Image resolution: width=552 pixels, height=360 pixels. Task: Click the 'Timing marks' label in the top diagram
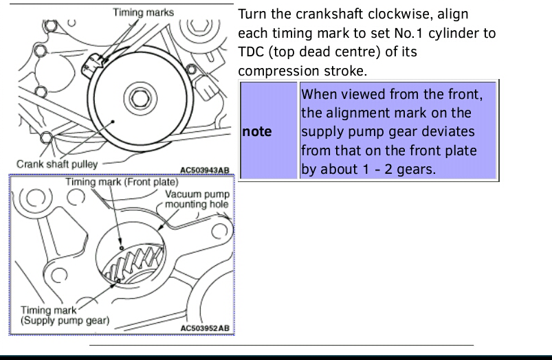[143, 12]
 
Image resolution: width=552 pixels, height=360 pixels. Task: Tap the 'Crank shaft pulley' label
[57, 164]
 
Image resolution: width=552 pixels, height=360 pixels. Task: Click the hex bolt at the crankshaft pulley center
[140, 98]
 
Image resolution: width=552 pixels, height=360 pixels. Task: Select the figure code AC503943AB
[205, 170]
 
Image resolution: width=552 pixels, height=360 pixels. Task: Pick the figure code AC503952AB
[205, 328]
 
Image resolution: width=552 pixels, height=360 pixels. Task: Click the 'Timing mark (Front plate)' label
[122, 182]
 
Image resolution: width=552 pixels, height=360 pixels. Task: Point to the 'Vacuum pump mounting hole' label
[197, 199]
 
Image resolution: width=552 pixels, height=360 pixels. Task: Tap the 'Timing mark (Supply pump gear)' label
[65, 315]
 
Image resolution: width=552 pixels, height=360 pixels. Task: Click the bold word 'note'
[257, 132]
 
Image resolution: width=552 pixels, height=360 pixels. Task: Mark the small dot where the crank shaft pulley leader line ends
[113, 122]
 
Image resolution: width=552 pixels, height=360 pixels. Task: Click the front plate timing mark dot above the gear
[122, 248]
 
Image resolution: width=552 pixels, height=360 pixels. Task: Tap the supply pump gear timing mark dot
[118, 280]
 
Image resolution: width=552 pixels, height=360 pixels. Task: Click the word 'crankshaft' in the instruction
[329, 14]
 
